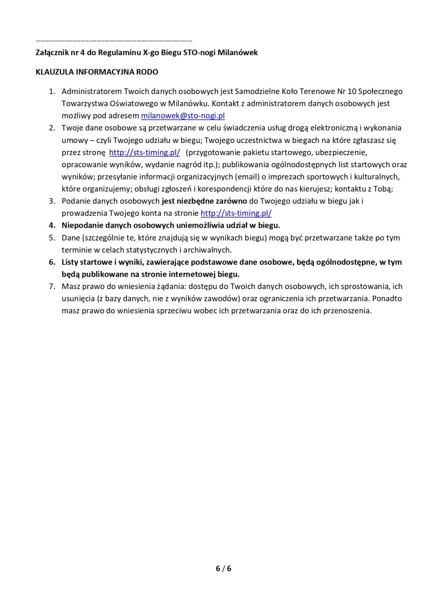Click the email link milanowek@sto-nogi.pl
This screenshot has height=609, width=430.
tap(183, 116)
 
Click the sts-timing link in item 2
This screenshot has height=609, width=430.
tap(145, 153)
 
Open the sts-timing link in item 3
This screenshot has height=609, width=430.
tap(236, 213)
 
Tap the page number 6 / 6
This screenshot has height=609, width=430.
tap(223, 568)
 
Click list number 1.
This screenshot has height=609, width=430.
tap(52, 92)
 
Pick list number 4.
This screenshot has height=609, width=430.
tap(52, 226)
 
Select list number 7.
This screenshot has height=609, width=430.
tap(52, 286)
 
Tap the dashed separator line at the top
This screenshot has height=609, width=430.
tap(114, 41)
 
